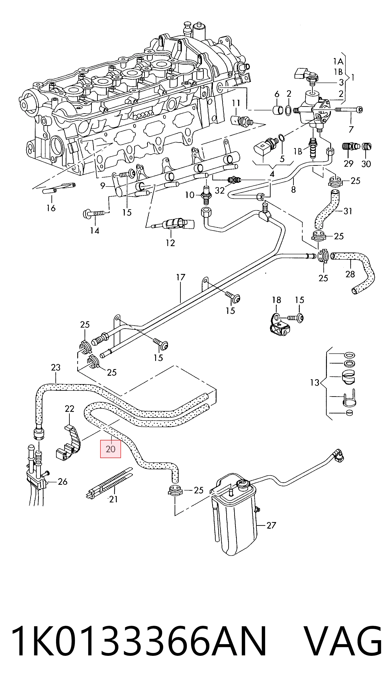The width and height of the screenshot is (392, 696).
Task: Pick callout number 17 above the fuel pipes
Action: click(x=181, y=277)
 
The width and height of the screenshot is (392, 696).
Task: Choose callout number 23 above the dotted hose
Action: click(x=56, y=368)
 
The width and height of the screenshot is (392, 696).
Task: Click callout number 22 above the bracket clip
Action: click(x=70, y=409)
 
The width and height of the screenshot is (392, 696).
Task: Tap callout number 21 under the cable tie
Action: click(x=113, y=499)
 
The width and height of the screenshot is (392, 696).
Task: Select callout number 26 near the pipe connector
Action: click(x=62, y=482)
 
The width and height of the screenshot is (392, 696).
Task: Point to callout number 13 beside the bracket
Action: click(x=315, y=383)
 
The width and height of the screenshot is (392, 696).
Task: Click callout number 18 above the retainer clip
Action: click(x=276, y=300)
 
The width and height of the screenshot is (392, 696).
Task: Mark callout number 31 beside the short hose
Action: click(x=348, y=211)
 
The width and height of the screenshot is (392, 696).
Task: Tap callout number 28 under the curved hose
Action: click(x=350, y=274)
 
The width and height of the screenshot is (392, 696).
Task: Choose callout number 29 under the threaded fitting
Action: click(x=349, y=164)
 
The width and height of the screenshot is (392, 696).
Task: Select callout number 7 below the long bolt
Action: click(x=351, y=129)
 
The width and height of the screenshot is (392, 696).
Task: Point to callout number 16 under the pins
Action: click(x=51, y=208)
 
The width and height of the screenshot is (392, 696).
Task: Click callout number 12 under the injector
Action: click(x=170, y=243)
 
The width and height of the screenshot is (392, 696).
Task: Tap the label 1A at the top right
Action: click(x=338, y=62)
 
